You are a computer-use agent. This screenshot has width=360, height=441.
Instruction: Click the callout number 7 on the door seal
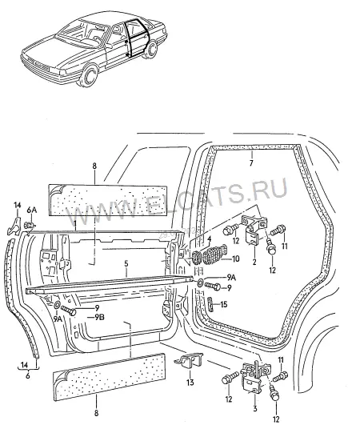(x=251, y=162)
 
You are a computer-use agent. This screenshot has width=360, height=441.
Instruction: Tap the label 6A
(x=31, y=210)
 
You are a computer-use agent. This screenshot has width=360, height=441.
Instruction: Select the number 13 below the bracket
(x=190, y=383)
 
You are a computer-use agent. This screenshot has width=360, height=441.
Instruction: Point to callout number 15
(x=224, y=305)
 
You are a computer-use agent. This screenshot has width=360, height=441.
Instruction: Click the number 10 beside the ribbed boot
(x=236, y=259)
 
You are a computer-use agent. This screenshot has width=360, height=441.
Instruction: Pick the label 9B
(x=99, y=317)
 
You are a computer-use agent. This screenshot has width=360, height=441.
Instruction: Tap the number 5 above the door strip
(x=126, y=264)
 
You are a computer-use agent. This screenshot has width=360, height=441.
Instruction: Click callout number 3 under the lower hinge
(x=255, y=408)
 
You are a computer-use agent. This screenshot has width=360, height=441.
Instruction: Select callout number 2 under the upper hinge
(x=254, y=263)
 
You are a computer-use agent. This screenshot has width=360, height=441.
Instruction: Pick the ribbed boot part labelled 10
(x=216, y=253)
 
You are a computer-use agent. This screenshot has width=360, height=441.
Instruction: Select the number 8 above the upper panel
(x=94, y=166)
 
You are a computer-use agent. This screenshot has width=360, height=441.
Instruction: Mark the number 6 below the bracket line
(x=27, y=375)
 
